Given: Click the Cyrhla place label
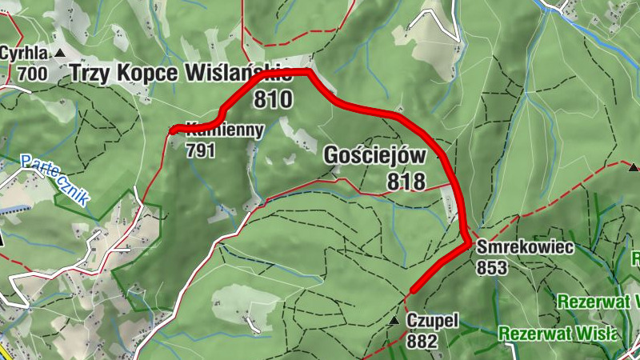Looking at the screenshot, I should coord(25,54).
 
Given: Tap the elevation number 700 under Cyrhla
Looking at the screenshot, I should coord(32,74).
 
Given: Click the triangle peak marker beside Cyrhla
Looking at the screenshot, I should coord(61,53).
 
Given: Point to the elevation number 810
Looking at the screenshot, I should coord(274,99).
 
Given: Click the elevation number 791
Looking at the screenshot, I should coord(201,150).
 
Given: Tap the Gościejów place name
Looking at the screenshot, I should coord(374,155).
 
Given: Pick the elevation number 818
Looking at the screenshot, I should coord(406,182).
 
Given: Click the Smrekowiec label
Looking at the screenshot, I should coord(525,247).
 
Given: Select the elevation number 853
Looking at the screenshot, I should coord(491,268).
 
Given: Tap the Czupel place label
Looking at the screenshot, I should coord(432,321).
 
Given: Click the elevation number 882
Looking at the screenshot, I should coord(422,342).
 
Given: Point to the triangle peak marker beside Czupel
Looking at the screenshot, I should coord(394,321).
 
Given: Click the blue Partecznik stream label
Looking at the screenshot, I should coord(55,179).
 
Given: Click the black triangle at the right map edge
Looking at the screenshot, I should coord(634,167).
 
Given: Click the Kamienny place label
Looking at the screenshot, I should coord(224,130).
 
